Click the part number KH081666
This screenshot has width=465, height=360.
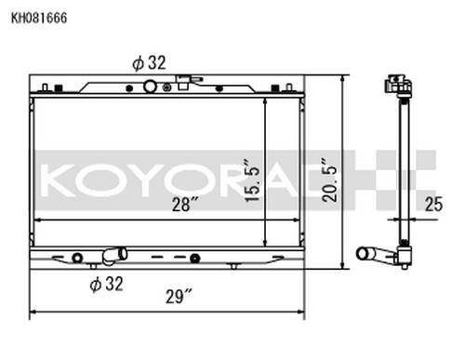(39, 18)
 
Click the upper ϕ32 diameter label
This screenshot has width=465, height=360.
(149, 63)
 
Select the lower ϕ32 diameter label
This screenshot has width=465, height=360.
(106, 284)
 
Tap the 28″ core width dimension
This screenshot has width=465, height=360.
(185, 205)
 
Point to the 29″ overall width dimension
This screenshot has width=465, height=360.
(179, 297)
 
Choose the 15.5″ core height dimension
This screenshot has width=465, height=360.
(251, 180)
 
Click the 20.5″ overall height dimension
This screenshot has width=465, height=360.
(329, 180)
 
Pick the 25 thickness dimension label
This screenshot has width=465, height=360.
(433, 205)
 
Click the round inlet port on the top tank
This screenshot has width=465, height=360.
(150, 87)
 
